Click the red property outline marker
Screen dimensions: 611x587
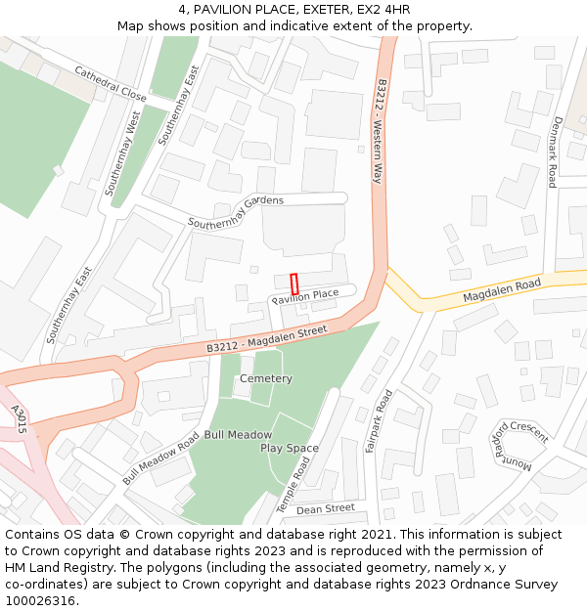click(294, 284)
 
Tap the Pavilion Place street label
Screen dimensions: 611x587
click(305, 294)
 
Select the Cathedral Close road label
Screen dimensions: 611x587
click(110, 85)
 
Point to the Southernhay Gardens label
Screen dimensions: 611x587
click(236, 210)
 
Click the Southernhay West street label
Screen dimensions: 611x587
click(124, 153)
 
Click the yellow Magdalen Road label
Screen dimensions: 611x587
click(502, 290)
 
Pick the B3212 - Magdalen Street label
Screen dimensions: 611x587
click(266, 340)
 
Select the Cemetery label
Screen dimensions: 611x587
click(266, 378)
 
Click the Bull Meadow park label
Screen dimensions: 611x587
click(238, 434)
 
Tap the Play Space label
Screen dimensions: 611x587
click(290, 448)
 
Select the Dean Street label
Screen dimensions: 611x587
click(326, 508)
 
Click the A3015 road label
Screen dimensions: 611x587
click(17, 419)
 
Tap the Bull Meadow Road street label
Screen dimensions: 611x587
click(161, 458)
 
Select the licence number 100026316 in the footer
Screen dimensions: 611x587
click(40, 601)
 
